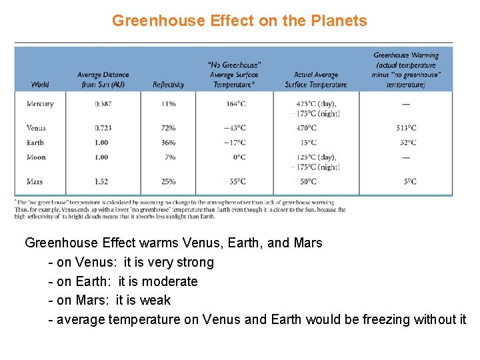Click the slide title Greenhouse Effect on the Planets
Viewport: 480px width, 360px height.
(239, 21)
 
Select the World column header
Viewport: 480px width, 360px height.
(40, 85)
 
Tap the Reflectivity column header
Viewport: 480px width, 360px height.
(168, 85)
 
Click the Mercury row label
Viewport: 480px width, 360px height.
(40, 104)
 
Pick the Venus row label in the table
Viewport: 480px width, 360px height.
(36, 128)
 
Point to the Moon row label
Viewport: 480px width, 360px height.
(36, 157)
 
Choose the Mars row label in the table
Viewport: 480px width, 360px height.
(35, 181)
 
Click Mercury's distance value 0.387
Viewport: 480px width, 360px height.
(103, 104)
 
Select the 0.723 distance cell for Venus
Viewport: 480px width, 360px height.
(103, 128)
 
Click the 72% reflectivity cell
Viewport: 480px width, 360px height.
(168, 128)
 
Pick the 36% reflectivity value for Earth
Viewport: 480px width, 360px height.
(168, 143)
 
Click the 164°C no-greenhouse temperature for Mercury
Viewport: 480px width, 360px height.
(235, 104)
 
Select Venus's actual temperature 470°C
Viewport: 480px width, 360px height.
(307, 128)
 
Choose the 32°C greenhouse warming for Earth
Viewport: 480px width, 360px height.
(407, 143)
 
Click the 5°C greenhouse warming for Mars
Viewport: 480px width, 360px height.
(410, 181)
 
